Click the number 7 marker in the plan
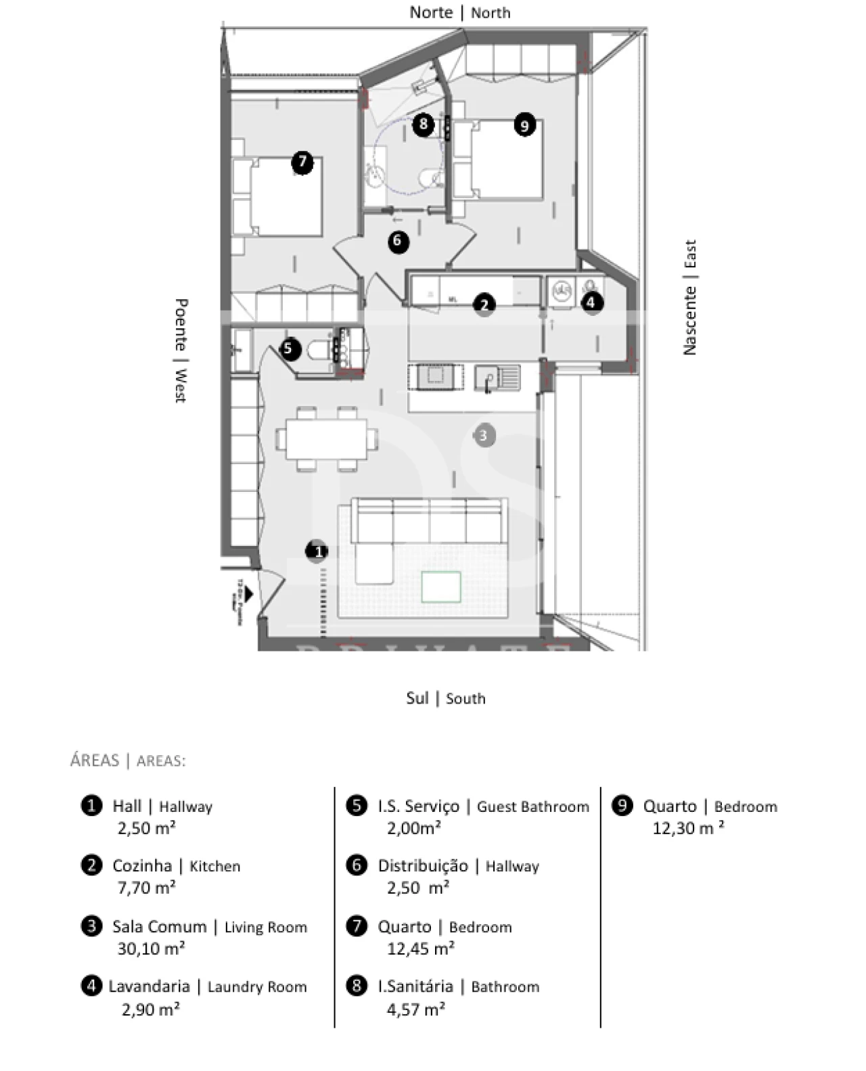click(302, 162)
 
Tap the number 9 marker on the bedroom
click(524, 125)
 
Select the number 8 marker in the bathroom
click(424, 124)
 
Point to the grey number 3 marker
click(483, 435)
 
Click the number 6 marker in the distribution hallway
click(398, 241)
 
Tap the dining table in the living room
click(326, 439)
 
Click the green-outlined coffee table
click(441, 586)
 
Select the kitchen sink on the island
click(497, 378)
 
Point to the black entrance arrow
click(248, 594)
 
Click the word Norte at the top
click(431, 12)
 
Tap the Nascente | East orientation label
click(689, 297)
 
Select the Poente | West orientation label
click(181, 350)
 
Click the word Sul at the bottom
click(417, 698)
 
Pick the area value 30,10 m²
click(151, 949)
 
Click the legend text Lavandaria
click(149, 986)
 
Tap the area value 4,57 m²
click(415, 1009)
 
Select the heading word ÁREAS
click(95, 760)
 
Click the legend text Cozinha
click(142, 866)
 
